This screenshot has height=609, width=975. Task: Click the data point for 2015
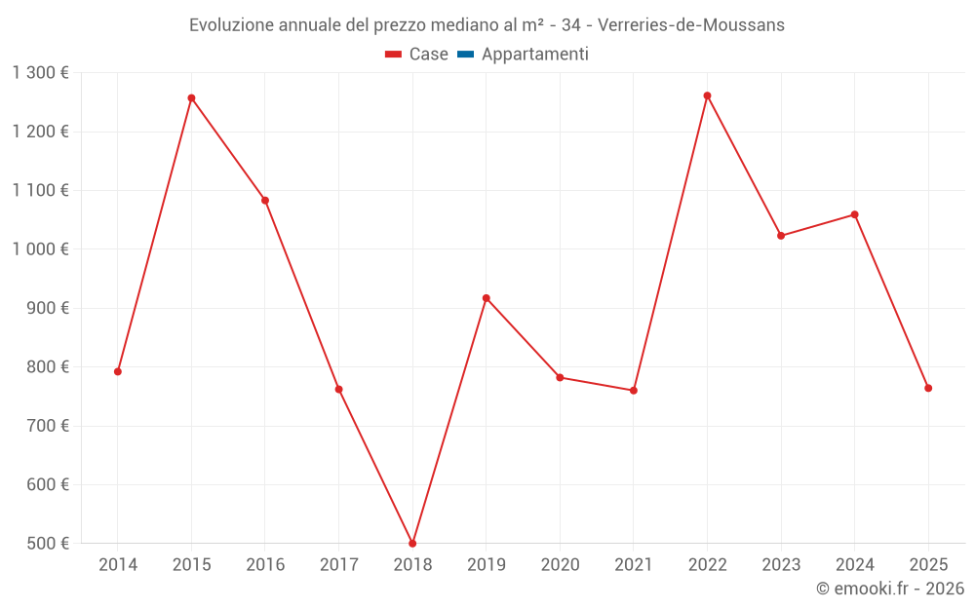pos(191,98)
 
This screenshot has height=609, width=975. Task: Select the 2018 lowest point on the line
pos(412,543)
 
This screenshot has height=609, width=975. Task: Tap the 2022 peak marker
pos(707,95)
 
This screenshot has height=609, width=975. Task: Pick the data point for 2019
pos(486,298)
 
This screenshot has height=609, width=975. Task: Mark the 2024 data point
pos(854,214)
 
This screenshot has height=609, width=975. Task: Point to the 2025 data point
pos(928,388)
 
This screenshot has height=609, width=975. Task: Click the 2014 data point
pos(118,371)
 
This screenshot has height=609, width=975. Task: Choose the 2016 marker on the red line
pos(265,201)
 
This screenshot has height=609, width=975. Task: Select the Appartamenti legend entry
pos(534,55)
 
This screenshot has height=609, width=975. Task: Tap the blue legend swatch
pos(465,55)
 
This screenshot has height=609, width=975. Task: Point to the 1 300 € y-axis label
pos(40,73)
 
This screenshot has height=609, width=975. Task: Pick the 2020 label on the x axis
pos(560,565)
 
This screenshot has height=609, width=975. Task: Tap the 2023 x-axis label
pos(781,565)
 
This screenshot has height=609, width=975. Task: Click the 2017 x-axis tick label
pos(338,565)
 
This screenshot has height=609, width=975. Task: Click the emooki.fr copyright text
pos(890,589)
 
